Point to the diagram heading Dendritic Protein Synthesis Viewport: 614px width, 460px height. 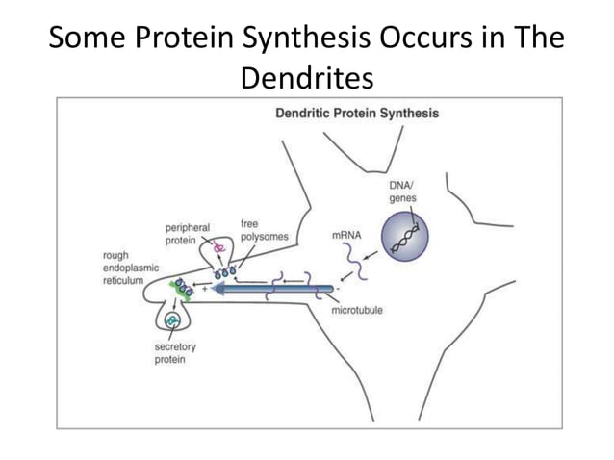pyautogui.click(x=357, y=114)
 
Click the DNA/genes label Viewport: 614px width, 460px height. pyautogui.click(x=402, y=190)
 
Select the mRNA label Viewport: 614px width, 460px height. pyautogui.click(x=346, y=234)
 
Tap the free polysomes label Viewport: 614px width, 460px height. pyautogui.click(x=265, y=230)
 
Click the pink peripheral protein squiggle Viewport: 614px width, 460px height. pyautogui.click(x=219, y=247)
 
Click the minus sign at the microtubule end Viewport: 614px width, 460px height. pyautogui.click(x=339, y=286)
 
